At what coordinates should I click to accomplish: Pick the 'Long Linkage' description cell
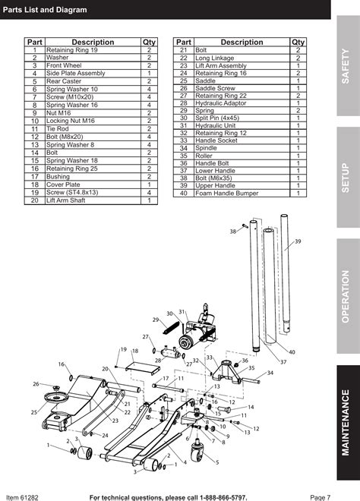click(214, 58)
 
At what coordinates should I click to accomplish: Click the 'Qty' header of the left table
click(149, 43)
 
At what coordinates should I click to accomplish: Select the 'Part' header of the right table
click(183, 43)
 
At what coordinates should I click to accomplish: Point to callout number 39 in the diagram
click(298, 241)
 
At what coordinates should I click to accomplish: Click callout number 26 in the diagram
click(35, 385)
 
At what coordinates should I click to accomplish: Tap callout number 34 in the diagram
click(270, 373)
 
